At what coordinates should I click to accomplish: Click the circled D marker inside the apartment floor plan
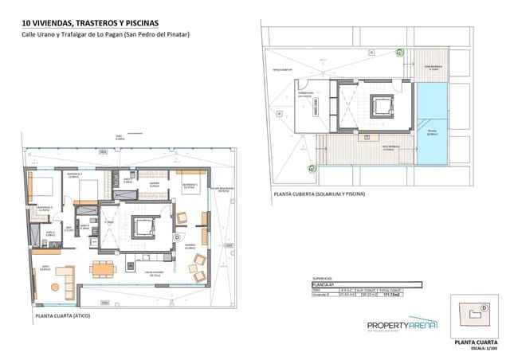click(175, 237)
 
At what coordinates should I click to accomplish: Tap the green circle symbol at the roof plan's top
click(400, 52)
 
